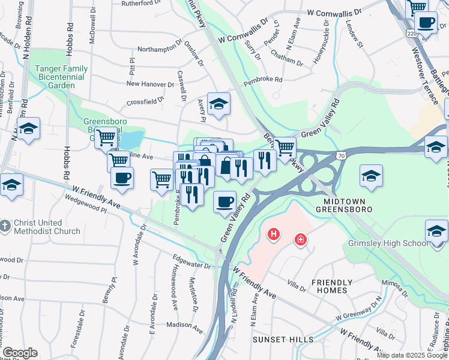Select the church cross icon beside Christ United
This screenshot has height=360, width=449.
pyautogui.click(x=5, y=226)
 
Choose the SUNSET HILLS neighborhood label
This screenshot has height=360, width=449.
pyautogui.click(x=283, y=340)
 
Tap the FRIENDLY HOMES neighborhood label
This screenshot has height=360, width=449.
pyautogui.click(x=330, y=286)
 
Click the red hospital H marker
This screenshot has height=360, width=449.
pyautogui.click(x=274, y=233)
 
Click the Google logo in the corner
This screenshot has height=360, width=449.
pyautogui.click(x=20, y=353)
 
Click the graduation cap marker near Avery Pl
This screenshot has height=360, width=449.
pyautogui.click(x=219, y=103)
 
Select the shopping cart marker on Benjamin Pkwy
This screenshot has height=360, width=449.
pyautogui.click(x=285, y=147)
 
